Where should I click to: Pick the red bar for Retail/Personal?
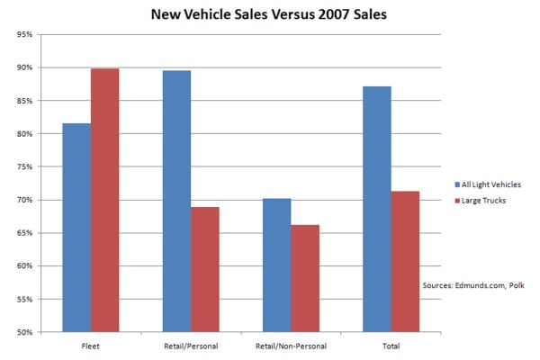coord(205,269)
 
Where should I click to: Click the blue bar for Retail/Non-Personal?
coord(276,265)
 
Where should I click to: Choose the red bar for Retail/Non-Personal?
coord(305,278)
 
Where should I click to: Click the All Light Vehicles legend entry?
coord(488,184)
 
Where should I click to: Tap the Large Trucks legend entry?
coord(481,200)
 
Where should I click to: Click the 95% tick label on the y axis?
coord(24,35)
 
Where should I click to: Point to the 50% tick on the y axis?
coord(24,332)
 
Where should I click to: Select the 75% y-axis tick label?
coord(24,167)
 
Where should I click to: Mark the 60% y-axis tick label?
coord(24,266)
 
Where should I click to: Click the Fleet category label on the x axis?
coord(91,346)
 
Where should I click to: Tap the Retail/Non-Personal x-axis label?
coord(291,346)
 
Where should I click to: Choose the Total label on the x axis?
coord(391,346)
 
